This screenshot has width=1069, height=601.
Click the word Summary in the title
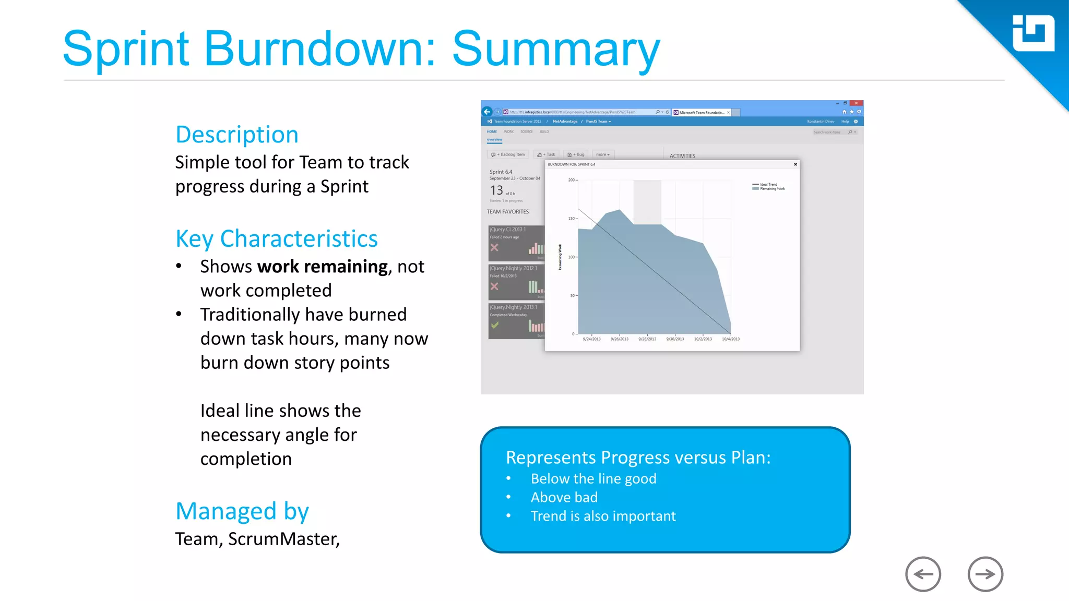555,50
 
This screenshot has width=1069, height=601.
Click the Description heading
237,135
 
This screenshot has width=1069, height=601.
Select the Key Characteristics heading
276,239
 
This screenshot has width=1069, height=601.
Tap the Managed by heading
242,511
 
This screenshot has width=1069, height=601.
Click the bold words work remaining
322,267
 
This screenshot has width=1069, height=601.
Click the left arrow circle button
923,574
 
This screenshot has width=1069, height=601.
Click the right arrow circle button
985,574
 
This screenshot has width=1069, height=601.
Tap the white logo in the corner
1033,33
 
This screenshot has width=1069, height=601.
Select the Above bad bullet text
564,497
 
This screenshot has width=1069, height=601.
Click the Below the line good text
593,478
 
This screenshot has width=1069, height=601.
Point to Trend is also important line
603,516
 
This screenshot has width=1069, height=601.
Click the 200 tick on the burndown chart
571,180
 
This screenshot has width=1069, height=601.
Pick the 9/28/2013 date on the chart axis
647,339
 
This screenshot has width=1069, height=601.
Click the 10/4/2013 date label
730,339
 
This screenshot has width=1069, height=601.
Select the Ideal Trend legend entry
768,184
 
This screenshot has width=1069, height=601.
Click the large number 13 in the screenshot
496,190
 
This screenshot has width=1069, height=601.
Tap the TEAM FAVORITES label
507,212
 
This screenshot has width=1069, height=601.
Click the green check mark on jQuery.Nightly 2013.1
495,325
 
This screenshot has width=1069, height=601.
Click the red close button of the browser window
856,103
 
